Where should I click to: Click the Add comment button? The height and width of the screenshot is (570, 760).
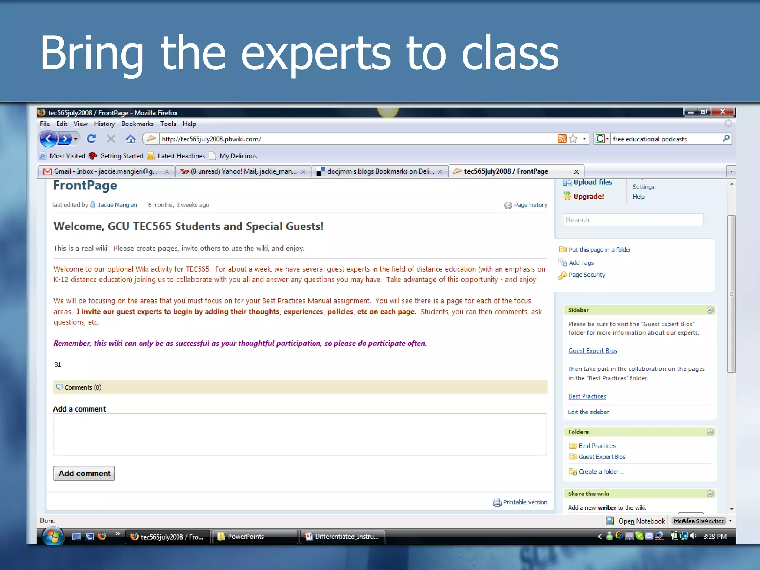(84, 473)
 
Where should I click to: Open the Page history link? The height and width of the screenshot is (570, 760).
(530, 205)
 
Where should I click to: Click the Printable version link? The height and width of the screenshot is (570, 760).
(524, 502)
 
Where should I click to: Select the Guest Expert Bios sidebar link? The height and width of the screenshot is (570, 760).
(593, 351)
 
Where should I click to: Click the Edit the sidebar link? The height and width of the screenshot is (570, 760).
(588, 412)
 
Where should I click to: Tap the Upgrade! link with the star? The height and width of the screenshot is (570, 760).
(588, 196)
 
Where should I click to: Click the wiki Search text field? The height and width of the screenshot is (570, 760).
(633, 220)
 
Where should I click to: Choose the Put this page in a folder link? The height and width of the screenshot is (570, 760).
(599, 250)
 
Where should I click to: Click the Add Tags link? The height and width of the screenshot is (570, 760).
(581, 263)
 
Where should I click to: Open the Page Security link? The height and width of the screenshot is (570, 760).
(587, 275)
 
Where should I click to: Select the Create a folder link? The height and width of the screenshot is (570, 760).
(601, 472)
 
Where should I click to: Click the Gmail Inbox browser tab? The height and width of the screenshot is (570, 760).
(105, 171)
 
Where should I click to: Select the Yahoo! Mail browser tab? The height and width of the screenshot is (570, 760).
(243, 171)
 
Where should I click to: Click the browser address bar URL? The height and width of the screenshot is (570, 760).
(212, 139)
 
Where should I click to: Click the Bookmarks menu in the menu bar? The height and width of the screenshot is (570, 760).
(137, 124)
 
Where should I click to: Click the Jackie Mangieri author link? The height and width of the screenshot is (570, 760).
(117, 205)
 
